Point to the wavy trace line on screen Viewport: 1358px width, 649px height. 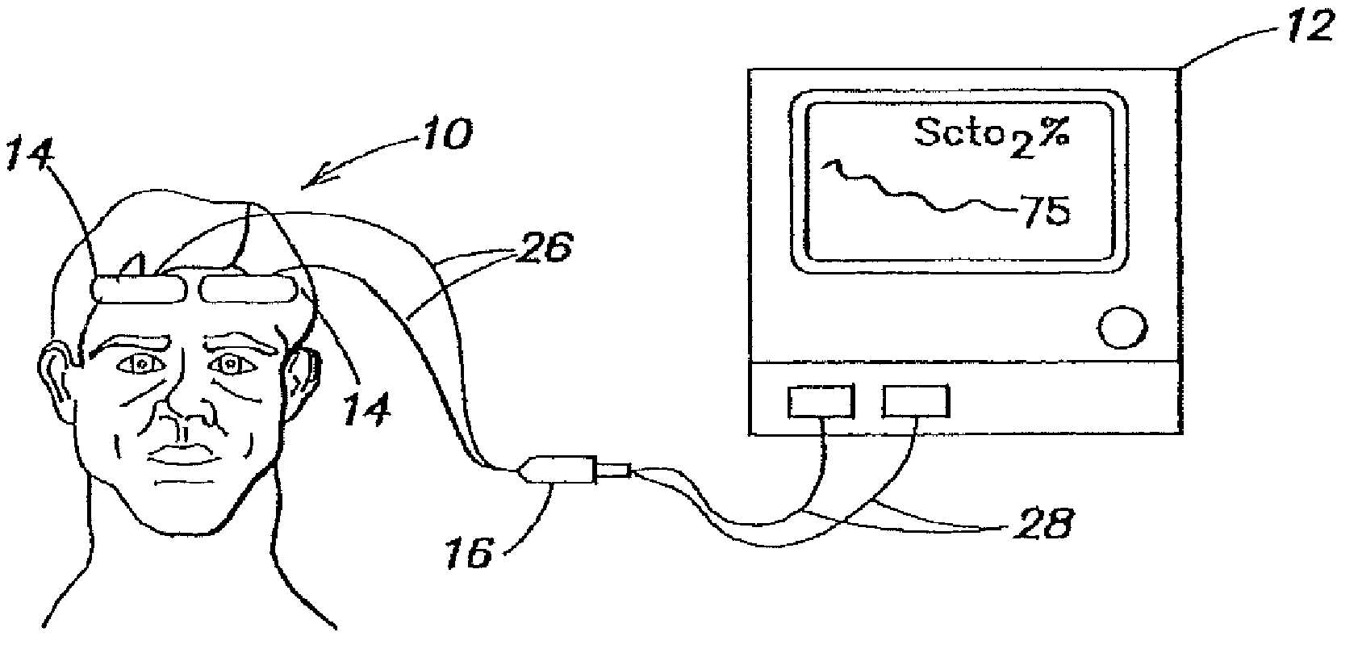click(x=912, y=191)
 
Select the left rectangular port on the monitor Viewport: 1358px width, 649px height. click(x=821, y=401)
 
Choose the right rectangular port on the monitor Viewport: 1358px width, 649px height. click(x=916, y=401)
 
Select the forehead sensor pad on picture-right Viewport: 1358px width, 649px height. click(x=249, y=288)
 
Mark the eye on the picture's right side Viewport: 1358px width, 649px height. click(x=230, y=365)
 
